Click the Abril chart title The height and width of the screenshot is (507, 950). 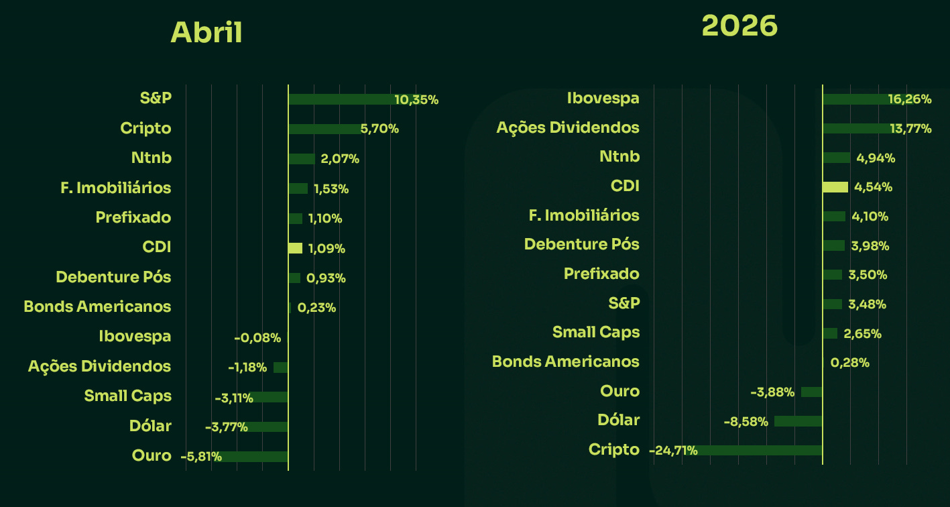tap(206, 33)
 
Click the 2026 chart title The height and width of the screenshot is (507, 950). tap(739, 26)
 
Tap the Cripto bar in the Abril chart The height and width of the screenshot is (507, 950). tap(325, 129)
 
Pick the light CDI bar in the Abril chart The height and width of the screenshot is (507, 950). tap(295, 248)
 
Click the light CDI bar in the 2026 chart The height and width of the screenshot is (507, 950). tap(835, 187)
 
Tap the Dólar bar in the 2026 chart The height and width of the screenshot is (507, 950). tap(798, 421)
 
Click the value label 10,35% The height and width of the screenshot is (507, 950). tap(416, 100)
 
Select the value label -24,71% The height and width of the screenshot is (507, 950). tap(674, 451)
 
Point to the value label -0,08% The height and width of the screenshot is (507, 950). tap(257, 338)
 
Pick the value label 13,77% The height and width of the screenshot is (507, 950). tap(910, 129)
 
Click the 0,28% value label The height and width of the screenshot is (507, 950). tap(850, 363)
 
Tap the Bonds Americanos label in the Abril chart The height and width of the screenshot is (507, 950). tap(97, 306)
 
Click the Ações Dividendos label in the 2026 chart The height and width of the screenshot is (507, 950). tap(568, 127)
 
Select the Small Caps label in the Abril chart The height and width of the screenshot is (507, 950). tap(127, 396)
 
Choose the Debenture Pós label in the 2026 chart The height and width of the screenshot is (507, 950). tap(582, 244)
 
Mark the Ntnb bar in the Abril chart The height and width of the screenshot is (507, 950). tap(302, 159)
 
